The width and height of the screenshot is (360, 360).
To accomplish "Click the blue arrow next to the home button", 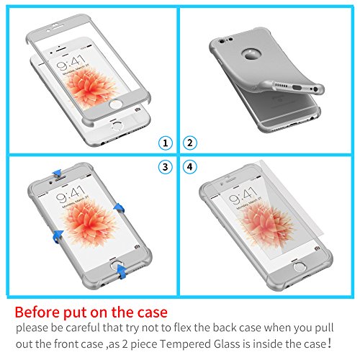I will point(123,269).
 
